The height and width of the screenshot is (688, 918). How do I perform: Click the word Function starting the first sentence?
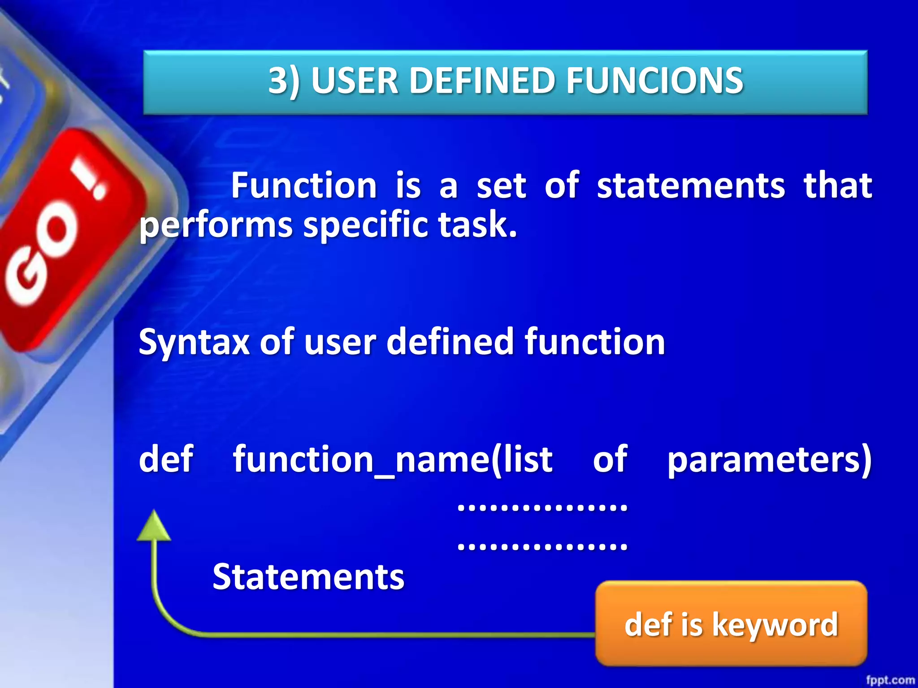coord(304,185)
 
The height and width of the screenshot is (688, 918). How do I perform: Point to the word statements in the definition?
coord(691,185)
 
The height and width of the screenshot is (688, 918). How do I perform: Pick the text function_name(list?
coord(393,460)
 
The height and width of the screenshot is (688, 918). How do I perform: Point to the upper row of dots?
coord(542,507)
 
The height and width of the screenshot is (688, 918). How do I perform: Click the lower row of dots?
coord(542,546)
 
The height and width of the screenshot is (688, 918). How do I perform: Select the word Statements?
coord(308,577)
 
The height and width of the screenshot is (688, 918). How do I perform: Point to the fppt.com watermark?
coord(890,680)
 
